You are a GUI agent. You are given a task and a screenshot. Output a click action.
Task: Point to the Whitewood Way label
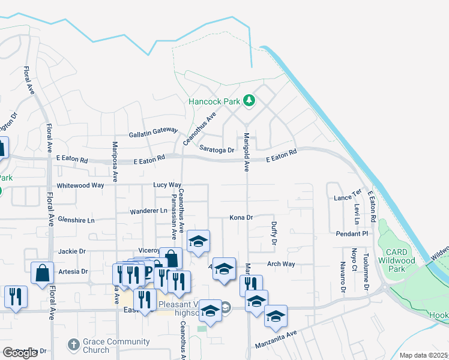80,185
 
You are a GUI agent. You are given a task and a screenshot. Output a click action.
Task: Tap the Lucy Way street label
167,185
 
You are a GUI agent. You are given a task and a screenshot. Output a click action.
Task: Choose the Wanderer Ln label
149,211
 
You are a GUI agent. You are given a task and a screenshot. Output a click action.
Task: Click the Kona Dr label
241,217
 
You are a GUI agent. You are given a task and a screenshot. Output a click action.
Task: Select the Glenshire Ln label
75,220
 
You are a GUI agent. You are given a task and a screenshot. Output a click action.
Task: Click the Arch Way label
281,264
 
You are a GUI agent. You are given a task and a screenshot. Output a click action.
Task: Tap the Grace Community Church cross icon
73,344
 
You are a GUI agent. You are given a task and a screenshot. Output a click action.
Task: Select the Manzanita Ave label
275,340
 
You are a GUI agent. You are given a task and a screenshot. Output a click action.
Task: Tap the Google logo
20,353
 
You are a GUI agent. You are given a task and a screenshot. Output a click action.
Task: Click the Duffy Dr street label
274,233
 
